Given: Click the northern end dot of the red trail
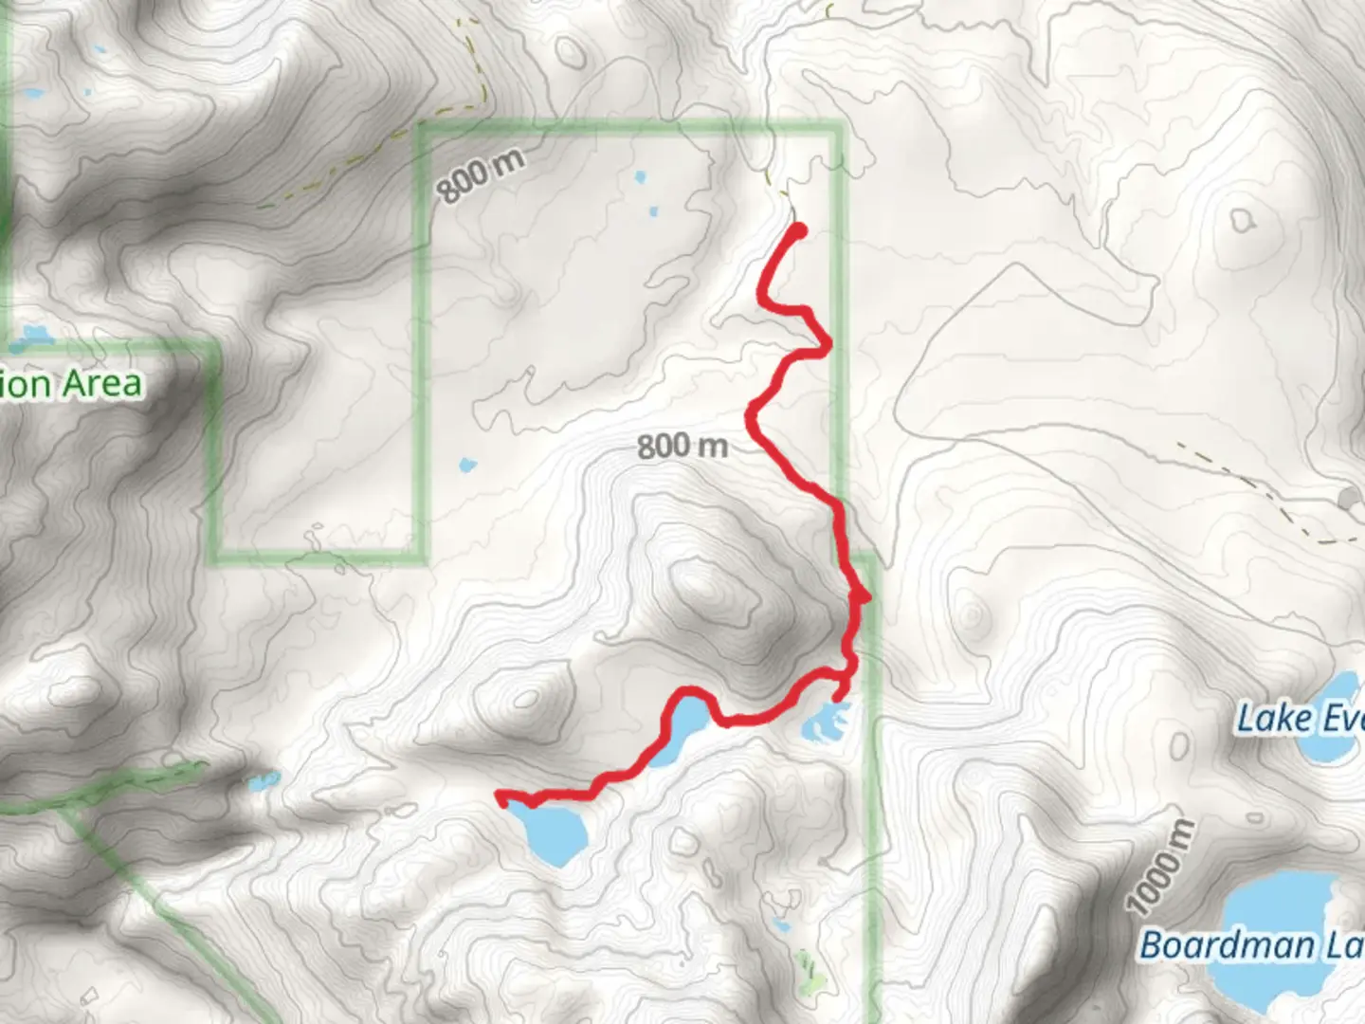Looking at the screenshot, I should click(799, 229).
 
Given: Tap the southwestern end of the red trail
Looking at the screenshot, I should click(500, 796).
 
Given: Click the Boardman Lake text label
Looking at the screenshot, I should click(1251, 944).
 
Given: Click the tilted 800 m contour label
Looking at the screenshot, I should click(481, 176).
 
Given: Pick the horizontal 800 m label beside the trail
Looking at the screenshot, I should click(682, 445).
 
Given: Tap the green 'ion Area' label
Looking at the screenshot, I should click(72, 384).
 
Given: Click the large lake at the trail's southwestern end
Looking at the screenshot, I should click(555, 831).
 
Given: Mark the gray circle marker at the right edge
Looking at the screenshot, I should click(1348, 498).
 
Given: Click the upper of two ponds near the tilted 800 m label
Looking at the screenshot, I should click(640, 176).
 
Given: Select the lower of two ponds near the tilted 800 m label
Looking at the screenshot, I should click(652, 210).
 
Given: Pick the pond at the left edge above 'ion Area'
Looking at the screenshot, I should click(34, 335).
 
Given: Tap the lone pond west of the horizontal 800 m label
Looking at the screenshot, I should click(465, 465).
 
